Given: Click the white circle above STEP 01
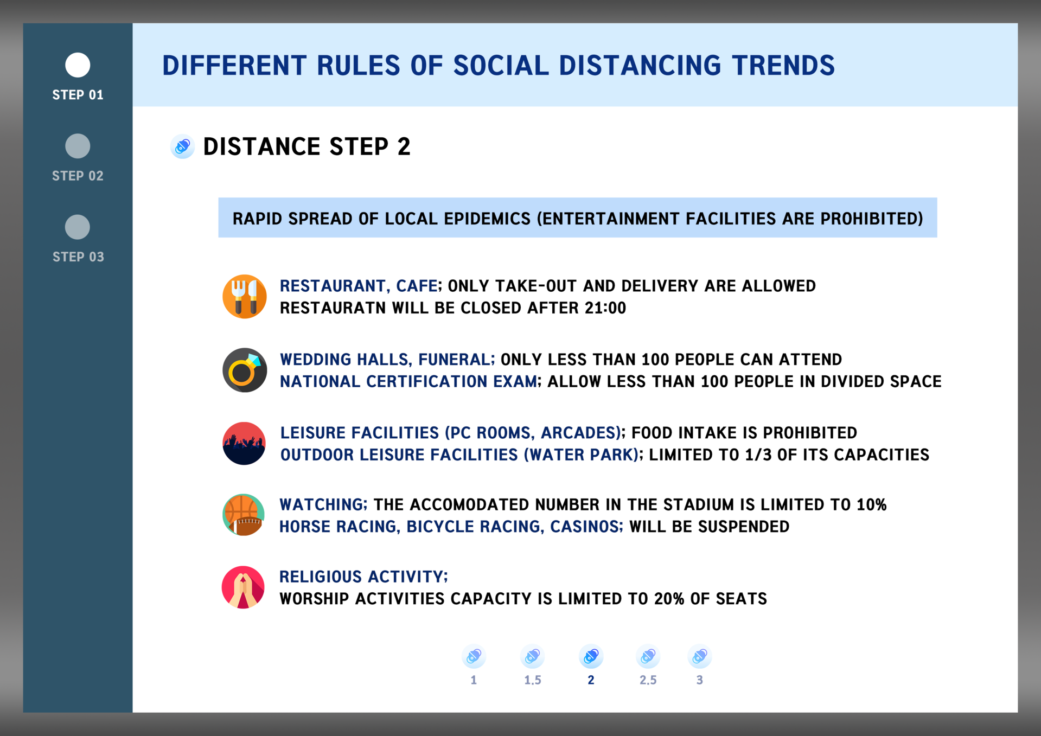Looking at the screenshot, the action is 78,65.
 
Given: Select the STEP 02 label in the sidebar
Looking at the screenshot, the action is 78,176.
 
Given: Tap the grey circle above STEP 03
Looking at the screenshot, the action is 78,227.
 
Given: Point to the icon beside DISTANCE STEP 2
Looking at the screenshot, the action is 182,146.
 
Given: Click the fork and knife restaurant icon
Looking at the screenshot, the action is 244,296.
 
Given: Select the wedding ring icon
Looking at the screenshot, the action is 244,370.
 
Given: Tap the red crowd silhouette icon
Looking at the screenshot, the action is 244,443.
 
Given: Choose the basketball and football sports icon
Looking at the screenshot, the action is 244,515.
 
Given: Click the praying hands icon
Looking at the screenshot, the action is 243,587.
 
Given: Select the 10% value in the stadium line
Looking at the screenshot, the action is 871,505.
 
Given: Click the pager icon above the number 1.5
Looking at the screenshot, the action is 532,656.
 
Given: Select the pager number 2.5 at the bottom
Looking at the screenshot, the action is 648,680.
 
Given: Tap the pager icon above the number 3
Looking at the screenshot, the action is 699,656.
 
